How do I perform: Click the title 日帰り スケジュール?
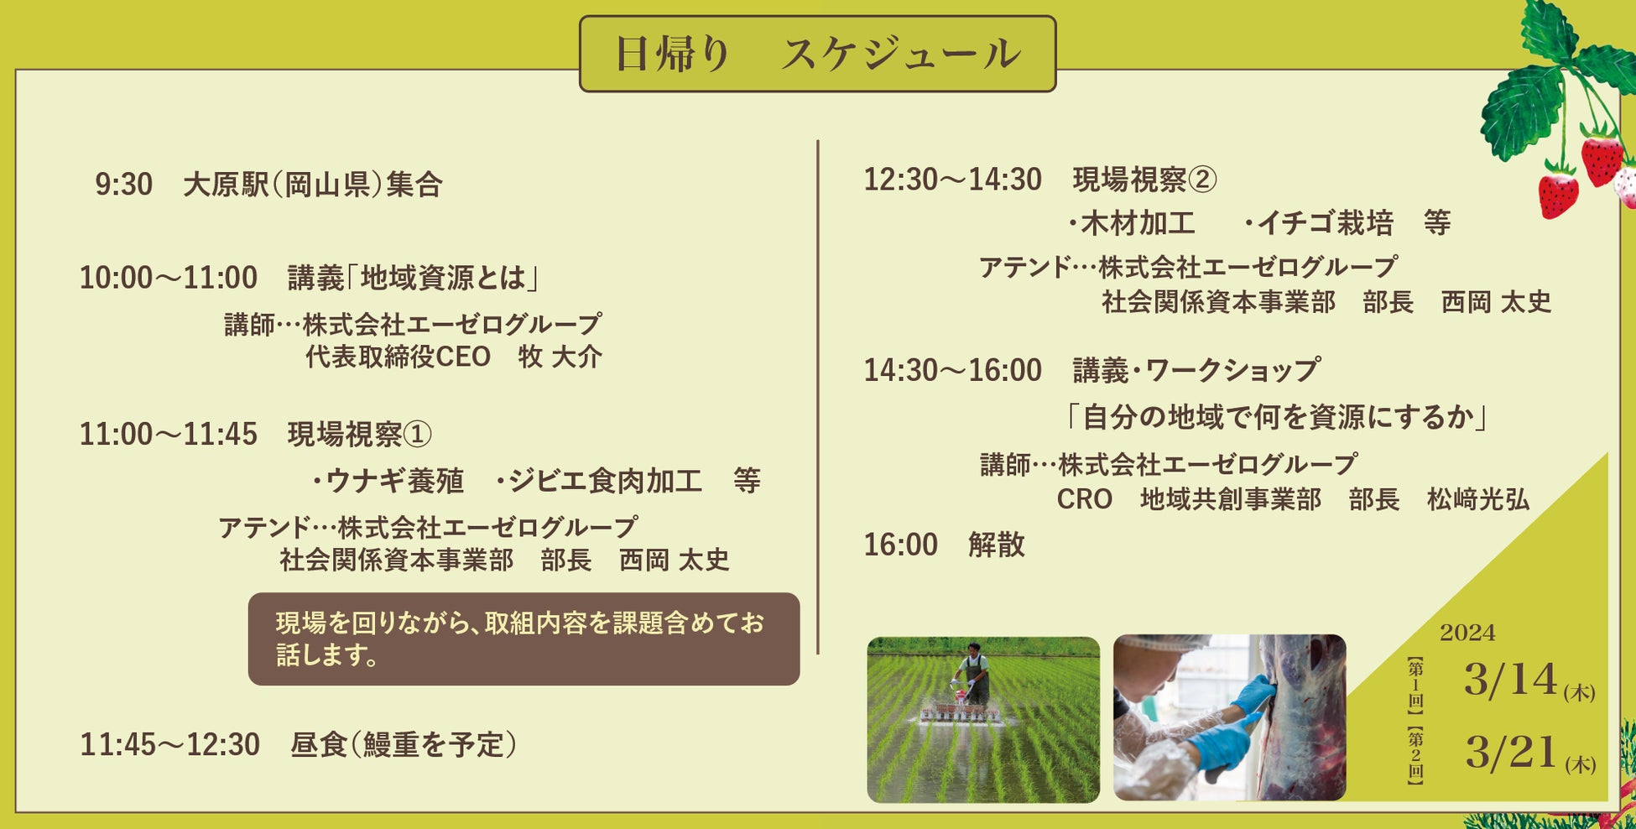tap(817, 55)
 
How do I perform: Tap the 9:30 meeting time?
tap(123, 185)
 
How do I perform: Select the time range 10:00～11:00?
tap(168, 278)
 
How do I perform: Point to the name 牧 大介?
tap(560, 357)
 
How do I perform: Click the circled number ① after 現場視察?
tap(417, 435)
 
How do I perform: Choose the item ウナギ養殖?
tap(388, 481)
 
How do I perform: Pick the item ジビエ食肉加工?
tap(599, 481)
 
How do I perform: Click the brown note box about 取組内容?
tap(524, 639)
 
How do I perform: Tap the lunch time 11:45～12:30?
tap(169, 744)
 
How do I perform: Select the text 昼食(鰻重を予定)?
tap(404, 744)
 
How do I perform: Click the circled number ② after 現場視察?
tap(1201, 180)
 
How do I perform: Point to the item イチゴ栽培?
tap(1318, 223)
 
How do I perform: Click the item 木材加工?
tap(1132, 223)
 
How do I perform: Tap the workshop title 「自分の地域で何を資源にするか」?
tap(1276, 417)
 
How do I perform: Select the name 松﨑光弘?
tap(1477, 499)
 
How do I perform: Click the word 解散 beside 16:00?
tap(997, 545)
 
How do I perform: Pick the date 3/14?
tap(1510, 680)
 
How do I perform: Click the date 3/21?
tap(1510, 752)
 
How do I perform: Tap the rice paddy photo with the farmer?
tap(983, 720)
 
